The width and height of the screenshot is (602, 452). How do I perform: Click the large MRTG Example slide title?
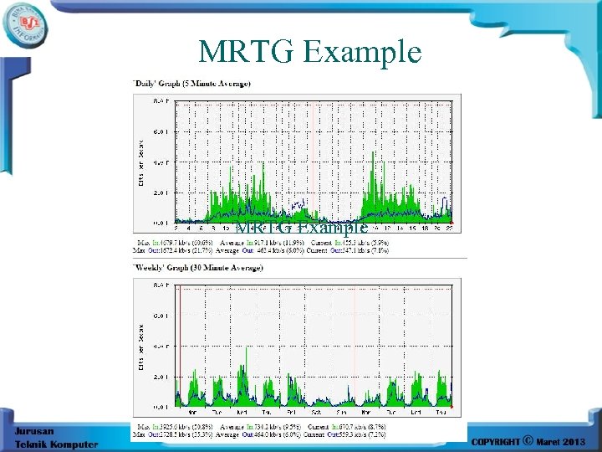click(x=309, y=52)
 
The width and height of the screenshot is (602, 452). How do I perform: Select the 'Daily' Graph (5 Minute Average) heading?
click(x=191, y=83)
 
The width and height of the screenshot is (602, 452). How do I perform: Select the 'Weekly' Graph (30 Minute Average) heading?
click(x=197, y=268)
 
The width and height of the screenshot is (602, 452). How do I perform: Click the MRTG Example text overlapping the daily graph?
click(x=301, y=228)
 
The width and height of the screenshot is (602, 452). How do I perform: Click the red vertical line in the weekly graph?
click(x=179, y=352)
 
